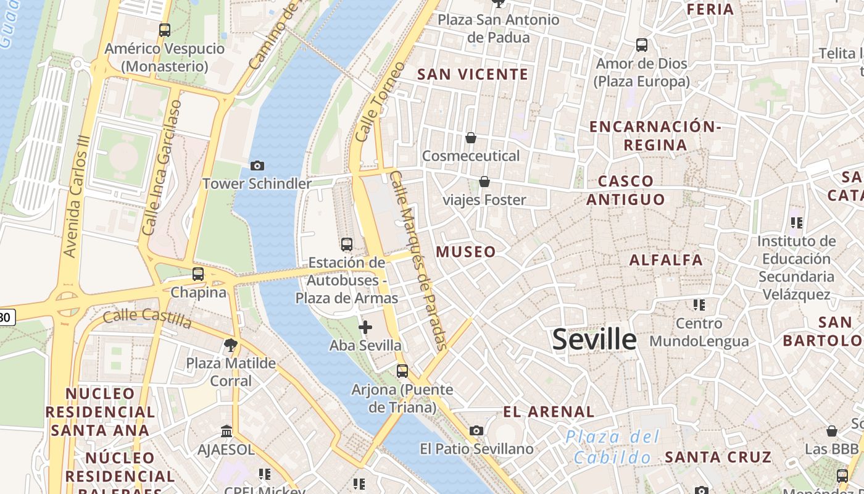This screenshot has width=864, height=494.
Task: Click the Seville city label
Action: [594, 339]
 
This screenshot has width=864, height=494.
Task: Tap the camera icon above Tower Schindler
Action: [257, 165]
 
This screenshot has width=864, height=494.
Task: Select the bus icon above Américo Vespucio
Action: [165, 30]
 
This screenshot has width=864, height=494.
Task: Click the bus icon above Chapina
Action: [198, 274]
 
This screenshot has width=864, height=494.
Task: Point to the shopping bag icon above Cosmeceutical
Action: [471, 137]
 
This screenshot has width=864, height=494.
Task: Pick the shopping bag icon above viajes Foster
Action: [484, 182]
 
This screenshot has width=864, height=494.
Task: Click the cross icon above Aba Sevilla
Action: [365, 327]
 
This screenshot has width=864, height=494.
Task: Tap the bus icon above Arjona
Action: [402, 371]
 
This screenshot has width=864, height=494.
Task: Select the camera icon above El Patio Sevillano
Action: [476, 430]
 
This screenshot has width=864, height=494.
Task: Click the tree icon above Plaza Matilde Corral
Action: [231, 345]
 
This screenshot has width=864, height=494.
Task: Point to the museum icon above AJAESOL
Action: [226, 431]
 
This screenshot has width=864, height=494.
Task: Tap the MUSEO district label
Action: [466, 252]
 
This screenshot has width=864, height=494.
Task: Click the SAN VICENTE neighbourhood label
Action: [473, 75]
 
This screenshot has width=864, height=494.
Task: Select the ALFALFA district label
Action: [666, 260]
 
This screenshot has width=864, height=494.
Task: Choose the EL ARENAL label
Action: [549, 412]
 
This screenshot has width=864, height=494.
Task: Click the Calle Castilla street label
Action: [147, 319]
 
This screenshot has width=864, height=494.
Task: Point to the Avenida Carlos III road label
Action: [78, 197]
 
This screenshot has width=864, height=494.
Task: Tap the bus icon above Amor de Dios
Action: [642, 45]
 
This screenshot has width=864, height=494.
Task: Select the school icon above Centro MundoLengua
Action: [699, 305]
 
